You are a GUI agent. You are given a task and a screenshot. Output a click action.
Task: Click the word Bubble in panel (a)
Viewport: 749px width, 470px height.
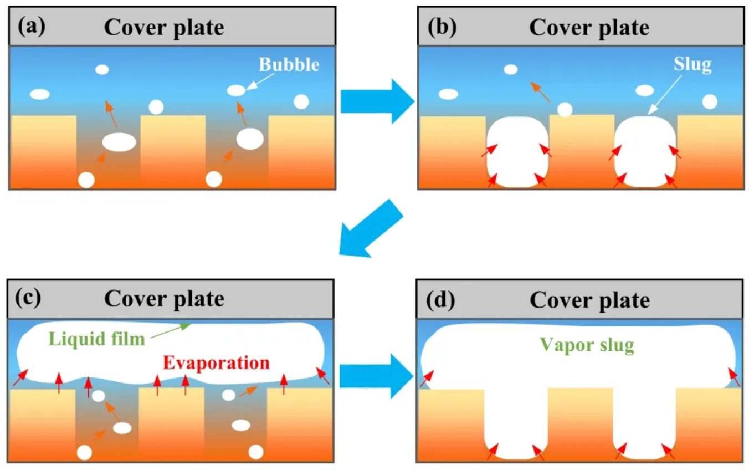(289, 65)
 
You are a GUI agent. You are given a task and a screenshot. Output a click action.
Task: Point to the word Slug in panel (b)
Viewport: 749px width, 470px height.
(692, 65)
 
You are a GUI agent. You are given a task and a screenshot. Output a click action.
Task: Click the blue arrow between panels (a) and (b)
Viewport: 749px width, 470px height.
(377, 101)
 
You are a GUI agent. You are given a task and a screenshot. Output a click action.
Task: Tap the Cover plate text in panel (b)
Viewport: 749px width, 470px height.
(589, 27)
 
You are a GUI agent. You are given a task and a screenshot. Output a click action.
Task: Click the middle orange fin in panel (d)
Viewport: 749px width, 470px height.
(580, 424)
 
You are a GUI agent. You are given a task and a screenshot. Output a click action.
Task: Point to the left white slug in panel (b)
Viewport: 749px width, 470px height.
(518, 152)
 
